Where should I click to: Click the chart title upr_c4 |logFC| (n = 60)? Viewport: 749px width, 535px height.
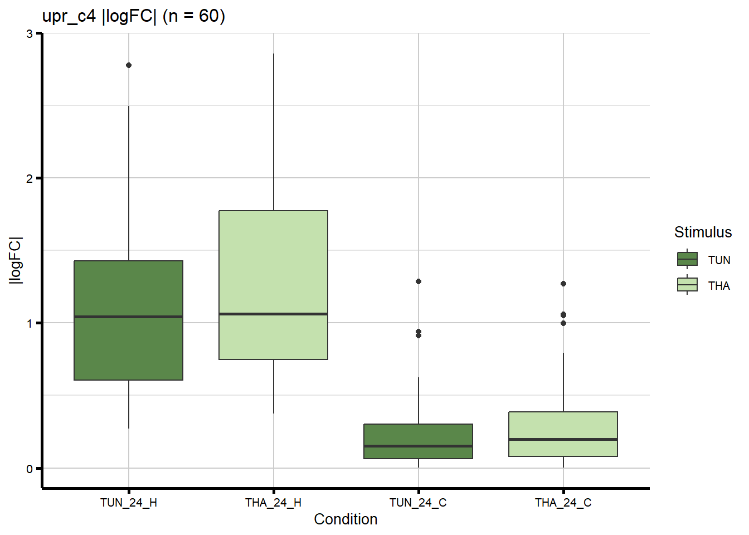coord(134,16)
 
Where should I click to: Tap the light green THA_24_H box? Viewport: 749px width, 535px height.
coord(273,262)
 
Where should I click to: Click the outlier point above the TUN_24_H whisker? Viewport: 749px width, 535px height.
coord(129,65)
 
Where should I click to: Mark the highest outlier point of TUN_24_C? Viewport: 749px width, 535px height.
coord(419,281)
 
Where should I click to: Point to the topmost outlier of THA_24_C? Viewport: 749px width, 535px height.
coord(563,284)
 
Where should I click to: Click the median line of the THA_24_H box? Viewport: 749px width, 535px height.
coord(273,314)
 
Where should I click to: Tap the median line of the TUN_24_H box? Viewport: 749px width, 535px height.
coord(128,317)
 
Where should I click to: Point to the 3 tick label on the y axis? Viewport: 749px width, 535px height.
coord(30,33)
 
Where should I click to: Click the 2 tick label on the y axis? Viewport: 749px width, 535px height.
coord(30,178)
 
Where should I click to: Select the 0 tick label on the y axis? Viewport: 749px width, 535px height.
coord(30,469)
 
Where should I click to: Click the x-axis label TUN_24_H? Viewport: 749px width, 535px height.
coord(129,503)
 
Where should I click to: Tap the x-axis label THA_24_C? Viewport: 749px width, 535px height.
coord(563,503)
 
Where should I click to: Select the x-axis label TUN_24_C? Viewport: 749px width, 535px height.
coord(418,503)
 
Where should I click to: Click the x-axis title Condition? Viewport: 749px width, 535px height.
coord(346,519)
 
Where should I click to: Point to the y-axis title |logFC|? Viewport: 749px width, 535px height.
coord(16,260)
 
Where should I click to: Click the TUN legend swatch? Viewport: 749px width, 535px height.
coord(687,260)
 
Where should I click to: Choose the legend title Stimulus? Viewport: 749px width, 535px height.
coord(703,232)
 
